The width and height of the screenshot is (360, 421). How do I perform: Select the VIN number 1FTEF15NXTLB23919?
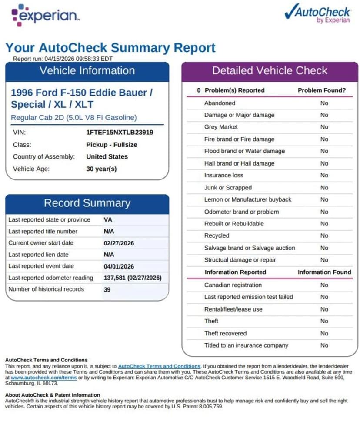tap(120, 132)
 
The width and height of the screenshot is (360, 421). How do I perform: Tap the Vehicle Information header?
tap(87, 71)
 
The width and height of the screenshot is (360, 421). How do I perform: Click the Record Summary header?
tap(87, 203)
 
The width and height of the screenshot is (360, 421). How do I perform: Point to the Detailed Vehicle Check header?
tap(270, 71)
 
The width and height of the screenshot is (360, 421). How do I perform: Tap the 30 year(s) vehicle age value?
tap(101, 169)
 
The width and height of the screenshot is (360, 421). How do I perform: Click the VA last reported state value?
tap(108, 220)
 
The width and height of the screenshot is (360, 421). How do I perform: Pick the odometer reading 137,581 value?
tap(114, 278)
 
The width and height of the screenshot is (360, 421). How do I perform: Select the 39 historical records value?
tap(107, 289)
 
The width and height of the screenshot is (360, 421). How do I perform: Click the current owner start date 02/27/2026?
tap(119, 243)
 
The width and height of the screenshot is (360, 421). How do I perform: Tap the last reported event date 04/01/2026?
tap(119, 266)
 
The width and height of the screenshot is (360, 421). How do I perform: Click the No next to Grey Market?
tap(324, 127)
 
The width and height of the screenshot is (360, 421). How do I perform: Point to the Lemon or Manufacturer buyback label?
tap(248, 199)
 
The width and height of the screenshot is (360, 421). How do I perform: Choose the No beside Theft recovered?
tap(324, 333)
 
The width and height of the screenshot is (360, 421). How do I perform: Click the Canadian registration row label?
tap(233, 285)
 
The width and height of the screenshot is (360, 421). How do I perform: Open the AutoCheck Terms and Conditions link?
tap(159, 366)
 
